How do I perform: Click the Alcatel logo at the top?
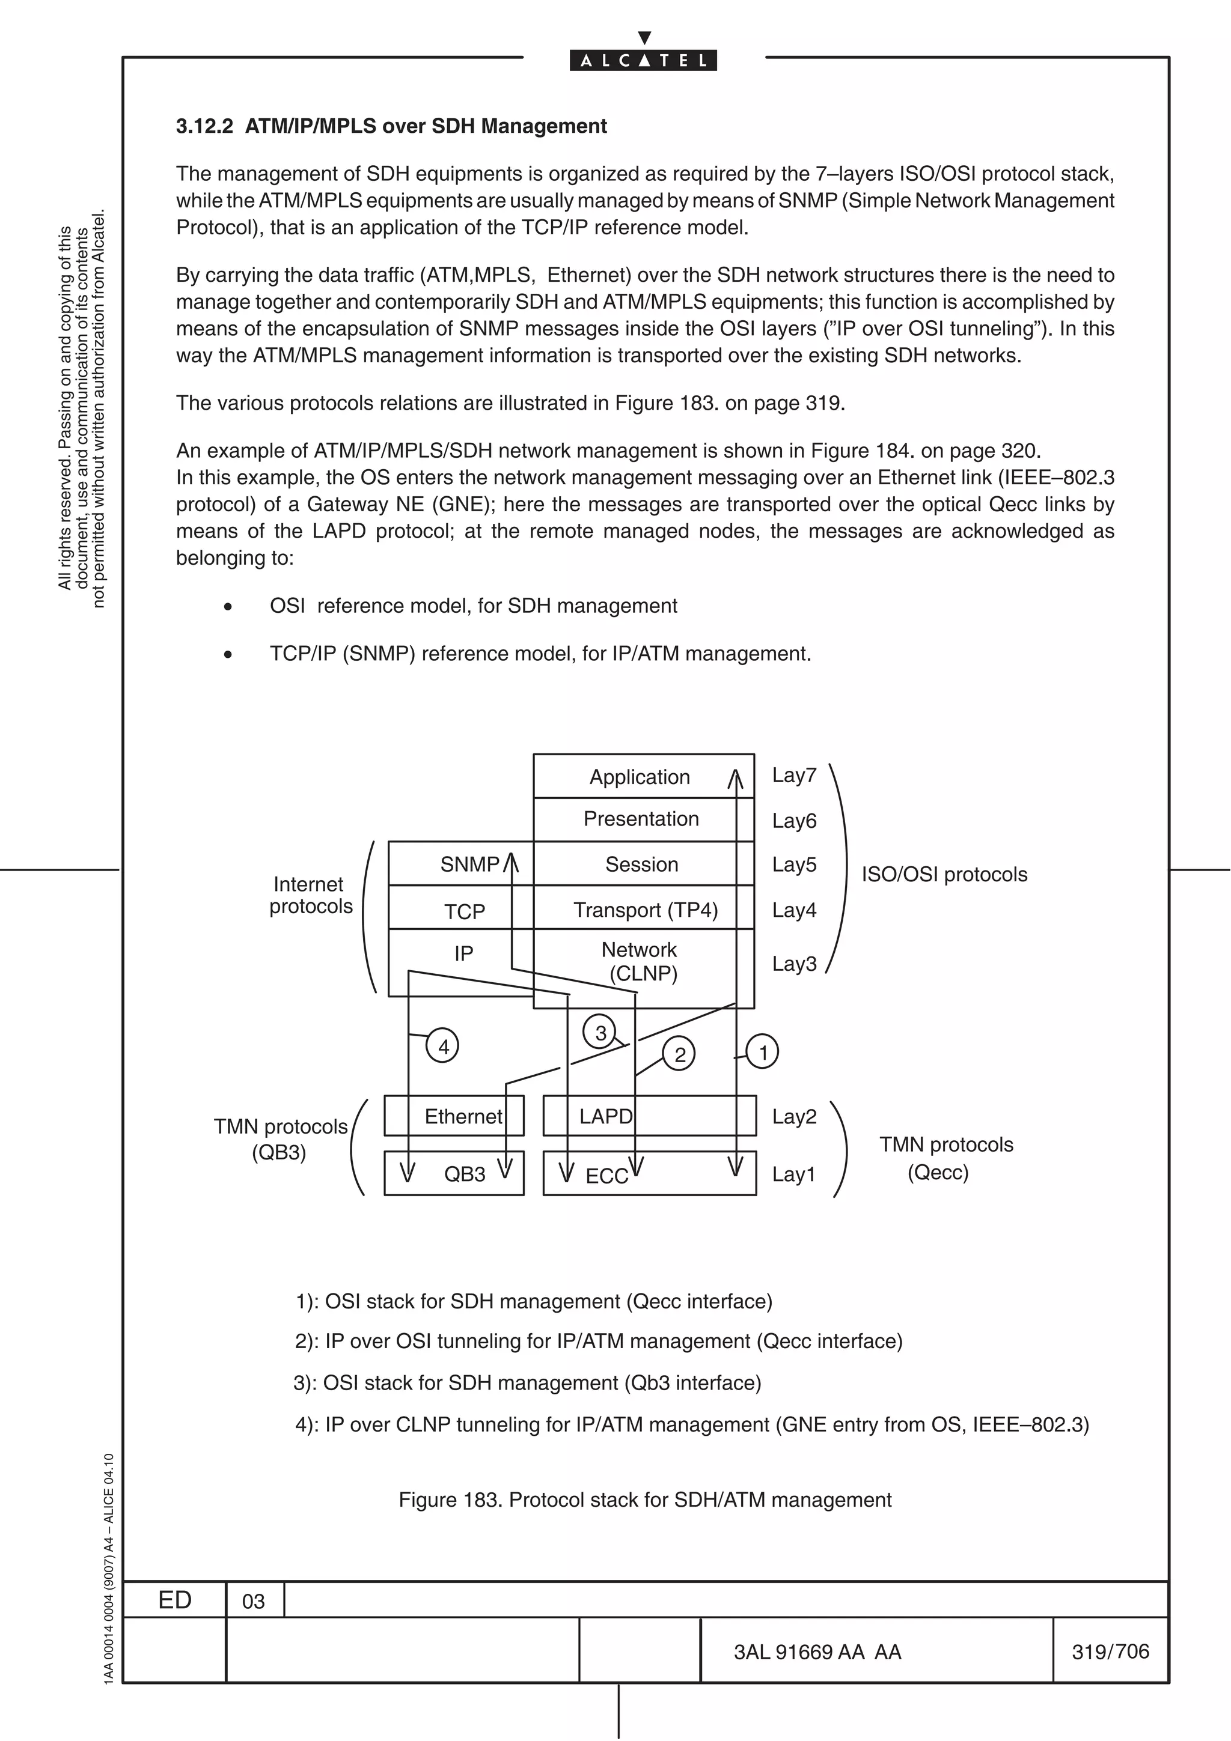(643, 60)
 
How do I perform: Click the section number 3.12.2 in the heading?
(204, 126)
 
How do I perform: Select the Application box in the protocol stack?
(640, 776)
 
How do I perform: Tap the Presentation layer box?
(641, 819)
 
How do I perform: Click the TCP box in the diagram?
(464, 911)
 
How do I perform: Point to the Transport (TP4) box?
(645, 910)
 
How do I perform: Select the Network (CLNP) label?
(641, 961)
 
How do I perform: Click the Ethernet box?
(463, 1116)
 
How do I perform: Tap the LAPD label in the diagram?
(605, 1116)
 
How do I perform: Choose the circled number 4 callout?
(443, 1047)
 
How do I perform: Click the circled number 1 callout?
(763, 1052)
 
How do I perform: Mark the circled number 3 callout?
(600, 1033)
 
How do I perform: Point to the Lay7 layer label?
(794, 775)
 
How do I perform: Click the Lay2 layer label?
(794, 1116)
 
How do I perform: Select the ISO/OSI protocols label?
(944, 874)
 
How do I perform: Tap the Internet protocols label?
(310, 895)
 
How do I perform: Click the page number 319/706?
(1110, 1651)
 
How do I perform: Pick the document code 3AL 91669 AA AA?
(817, 1652)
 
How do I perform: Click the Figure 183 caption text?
(645, 1500)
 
